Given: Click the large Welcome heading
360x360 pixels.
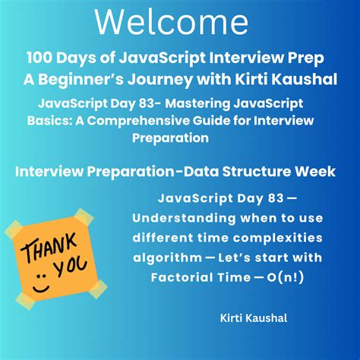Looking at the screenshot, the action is (172, 23).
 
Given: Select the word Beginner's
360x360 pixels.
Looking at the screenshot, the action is (81, 81).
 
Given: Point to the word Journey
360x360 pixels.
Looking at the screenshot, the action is (160, 81).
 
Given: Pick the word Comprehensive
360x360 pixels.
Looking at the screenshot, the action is (138, 121).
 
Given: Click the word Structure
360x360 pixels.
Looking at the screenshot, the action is (257, 172).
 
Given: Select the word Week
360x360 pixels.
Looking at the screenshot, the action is (315, 172).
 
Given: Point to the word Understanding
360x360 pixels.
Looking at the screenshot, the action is (184, 218).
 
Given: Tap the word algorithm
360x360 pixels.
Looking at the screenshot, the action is (167, 258).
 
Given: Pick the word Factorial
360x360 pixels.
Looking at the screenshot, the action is (182, 277).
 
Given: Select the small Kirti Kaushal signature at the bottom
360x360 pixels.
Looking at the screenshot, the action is (254, 318).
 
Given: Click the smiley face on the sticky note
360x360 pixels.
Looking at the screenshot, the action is (40, 283).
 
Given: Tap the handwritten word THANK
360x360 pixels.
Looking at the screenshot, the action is (48, 248).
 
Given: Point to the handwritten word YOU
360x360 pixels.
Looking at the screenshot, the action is (71, 267).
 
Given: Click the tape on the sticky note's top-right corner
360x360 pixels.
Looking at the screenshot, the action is (84, 217).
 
